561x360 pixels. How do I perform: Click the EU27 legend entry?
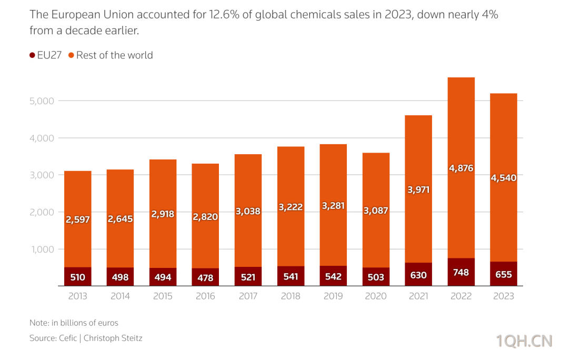[46, 55]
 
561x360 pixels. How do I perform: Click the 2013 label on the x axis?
[78, 296]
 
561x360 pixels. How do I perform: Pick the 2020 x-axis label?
[376, 296]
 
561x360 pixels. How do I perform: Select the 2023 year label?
[504, 296]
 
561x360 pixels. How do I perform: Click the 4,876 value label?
[461, 168]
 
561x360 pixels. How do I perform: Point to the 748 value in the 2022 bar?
[461, 273]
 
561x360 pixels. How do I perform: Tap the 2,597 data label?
[78, 220]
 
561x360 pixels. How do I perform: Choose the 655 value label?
[504, 274]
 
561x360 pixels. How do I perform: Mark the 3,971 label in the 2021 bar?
[418, 189]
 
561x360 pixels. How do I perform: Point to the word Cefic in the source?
[68, 338]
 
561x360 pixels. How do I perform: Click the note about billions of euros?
[74, 323]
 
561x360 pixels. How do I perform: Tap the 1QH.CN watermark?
[525, 342]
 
